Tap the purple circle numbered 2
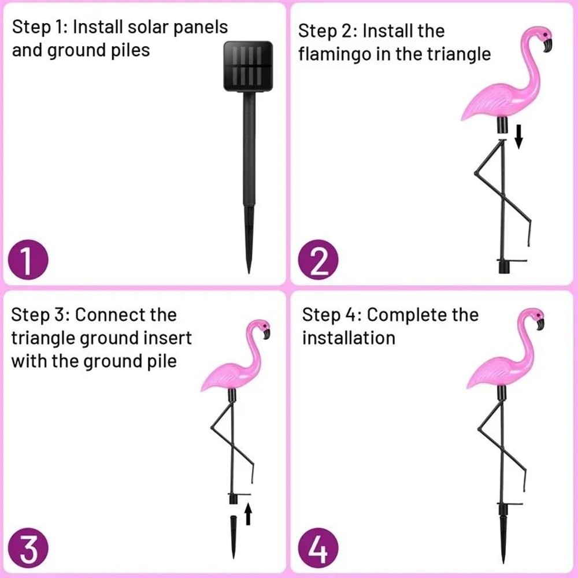[x=317, y=262]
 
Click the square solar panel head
[x=248, y=66]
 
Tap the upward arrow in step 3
[x=248, y=514]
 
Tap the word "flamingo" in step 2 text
[x=339, y=54]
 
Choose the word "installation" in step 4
[x=349, y=338]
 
